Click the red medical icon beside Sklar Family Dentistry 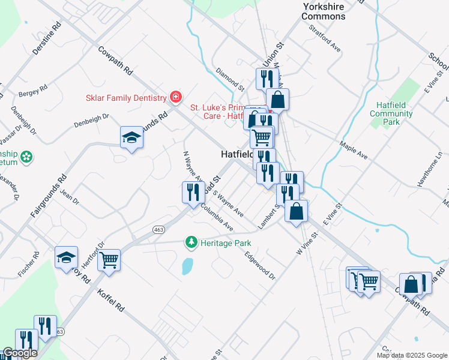175,97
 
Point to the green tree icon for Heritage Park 191,242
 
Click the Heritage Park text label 225,243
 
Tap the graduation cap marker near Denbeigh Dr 131,138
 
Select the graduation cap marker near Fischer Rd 67,258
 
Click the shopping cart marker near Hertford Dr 109,260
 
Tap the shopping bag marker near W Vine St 296,211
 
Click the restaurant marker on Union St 265,79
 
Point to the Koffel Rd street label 112,300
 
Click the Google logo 20,353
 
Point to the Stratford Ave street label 325,37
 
